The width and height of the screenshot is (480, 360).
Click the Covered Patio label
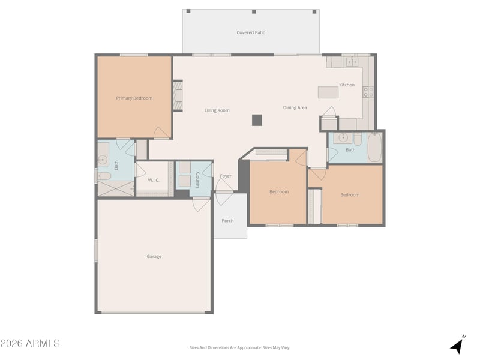pos(251,32)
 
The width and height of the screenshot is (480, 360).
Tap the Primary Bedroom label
pos(134,98)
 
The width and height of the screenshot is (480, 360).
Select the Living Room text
pos(217,110)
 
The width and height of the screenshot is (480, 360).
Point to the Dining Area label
pos(295,108)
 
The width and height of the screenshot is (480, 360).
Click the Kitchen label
pos(347,85)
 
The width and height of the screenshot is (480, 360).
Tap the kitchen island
pos(328,92)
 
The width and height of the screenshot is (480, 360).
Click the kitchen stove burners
pos(368,92)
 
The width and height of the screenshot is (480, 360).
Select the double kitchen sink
pos(352,62)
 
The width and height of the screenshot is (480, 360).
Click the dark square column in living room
pos(257,121)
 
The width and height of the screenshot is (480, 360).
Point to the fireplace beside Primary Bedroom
pos(178,95)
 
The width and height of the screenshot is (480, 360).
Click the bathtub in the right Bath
pos(374,148)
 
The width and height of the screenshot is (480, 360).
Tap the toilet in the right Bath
pos(358,139)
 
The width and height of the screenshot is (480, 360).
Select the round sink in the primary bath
pos(103,160)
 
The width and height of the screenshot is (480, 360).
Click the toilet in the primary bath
pos(104,176)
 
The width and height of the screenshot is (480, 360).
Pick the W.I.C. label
pos(154,181)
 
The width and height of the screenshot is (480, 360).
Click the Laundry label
pos(197,179)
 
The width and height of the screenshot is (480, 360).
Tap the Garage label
pos(154,257)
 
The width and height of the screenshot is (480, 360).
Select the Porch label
pos(227,221)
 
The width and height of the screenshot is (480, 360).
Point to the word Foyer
pos(226,176)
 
